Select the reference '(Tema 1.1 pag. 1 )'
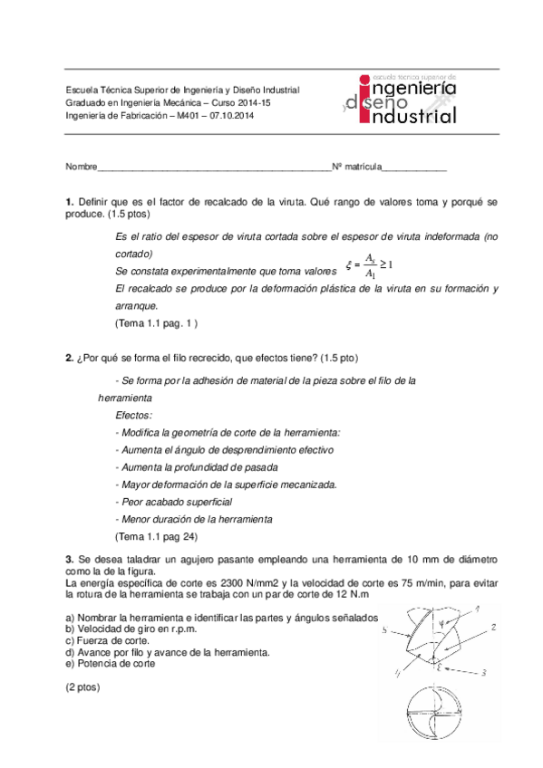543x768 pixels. coord(156,322)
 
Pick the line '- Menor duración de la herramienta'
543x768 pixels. coord(194,519)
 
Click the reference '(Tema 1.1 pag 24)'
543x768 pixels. coord(155,536)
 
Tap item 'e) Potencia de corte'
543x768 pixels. coord(110,663)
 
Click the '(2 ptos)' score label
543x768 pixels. coord(83,687)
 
